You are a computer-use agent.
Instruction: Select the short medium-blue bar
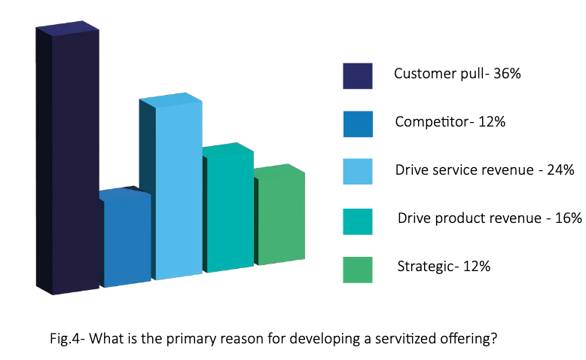[127, 239]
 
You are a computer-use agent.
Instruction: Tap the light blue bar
[178, 188]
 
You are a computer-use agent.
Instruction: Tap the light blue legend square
[358, 172]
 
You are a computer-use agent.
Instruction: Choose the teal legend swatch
[358, 221]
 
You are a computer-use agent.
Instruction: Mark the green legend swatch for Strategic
[358, 269]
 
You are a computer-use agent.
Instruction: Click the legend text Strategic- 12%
[444, 266]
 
